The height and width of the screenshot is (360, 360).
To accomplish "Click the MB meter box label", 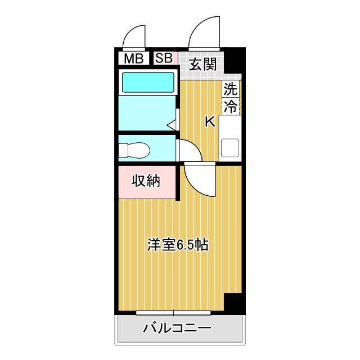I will click(133, 58).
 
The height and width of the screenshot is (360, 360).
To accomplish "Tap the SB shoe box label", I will click(164, 57).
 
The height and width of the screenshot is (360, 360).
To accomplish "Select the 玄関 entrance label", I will click(202, 64).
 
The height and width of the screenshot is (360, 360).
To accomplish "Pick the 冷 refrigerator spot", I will click(231, 106).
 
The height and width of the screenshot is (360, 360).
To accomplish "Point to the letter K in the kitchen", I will click(209, 121).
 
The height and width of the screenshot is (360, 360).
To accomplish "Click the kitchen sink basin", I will click(230, 147).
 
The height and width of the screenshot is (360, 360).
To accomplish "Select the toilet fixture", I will click(134, 150).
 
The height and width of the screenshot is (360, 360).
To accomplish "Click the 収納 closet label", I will click(146, 181).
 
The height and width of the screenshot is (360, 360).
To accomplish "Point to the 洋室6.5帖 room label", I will click(178, 245).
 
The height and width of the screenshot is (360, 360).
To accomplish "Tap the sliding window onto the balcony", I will click(173, 312).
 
